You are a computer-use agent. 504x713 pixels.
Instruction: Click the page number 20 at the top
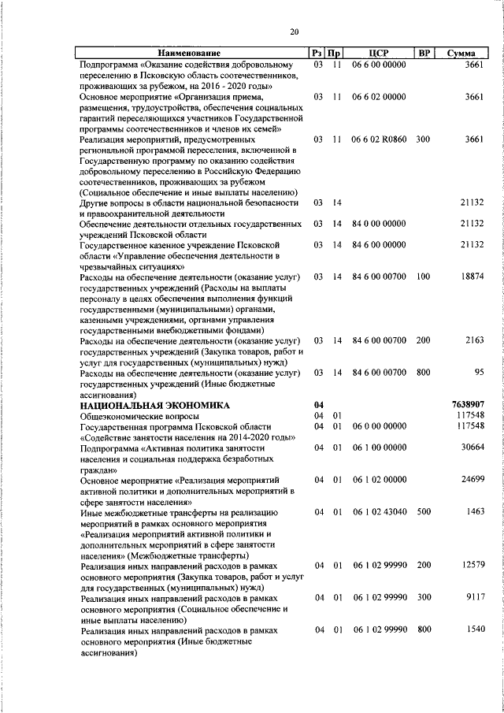pos(294,32)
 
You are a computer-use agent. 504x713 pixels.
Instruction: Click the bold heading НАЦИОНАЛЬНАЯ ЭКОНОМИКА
pos(155,404)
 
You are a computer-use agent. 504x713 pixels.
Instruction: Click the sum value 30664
pos(471,447)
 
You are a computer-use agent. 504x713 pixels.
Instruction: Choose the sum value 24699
pos(471,480)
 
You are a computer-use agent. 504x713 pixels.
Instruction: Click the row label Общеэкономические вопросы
pos(139,415)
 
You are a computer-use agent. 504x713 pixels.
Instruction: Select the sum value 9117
pos(472,598)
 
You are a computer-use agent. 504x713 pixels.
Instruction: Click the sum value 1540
pos(472,630)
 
